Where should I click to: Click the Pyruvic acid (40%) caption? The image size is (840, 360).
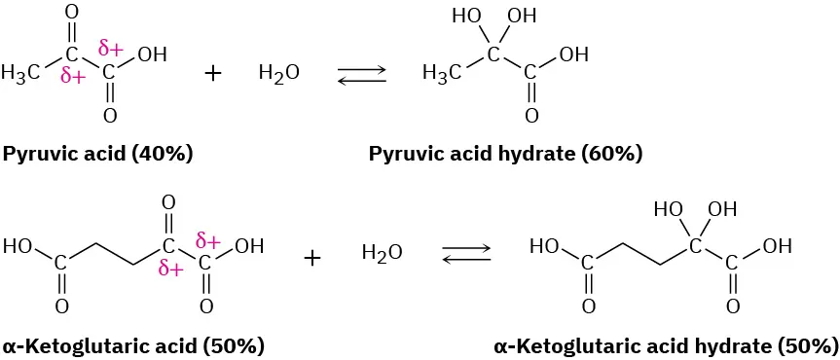point(97,154)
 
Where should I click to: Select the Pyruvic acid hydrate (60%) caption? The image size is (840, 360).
point(505,154)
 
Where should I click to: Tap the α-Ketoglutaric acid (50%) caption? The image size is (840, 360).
point(133,345)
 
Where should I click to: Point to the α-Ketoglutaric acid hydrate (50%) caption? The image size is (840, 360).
point(666,345)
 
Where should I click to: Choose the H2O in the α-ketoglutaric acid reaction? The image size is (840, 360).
point(382,254)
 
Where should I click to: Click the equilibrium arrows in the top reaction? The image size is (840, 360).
point(361,75)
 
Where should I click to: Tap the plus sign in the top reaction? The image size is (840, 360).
point(214,73)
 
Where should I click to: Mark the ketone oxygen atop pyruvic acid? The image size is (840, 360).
point(71,14)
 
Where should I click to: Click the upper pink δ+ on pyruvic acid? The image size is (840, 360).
point(110,47)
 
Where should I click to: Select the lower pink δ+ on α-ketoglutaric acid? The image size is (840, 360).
point(170,270)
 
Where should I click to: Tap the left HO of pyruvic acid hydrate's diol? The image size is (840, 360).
point(466,17)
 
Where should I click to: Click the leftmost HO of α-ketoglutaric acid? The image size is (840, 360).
point(18,246)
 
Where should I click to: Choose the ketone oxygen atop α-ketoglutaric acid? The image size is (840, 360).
point(168,203)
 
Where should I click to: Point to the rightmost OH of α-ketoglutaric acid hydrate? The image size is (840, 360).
point(777,246)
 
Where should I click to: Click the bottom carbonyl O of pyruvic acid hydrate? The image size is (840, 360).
point(530,116)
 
